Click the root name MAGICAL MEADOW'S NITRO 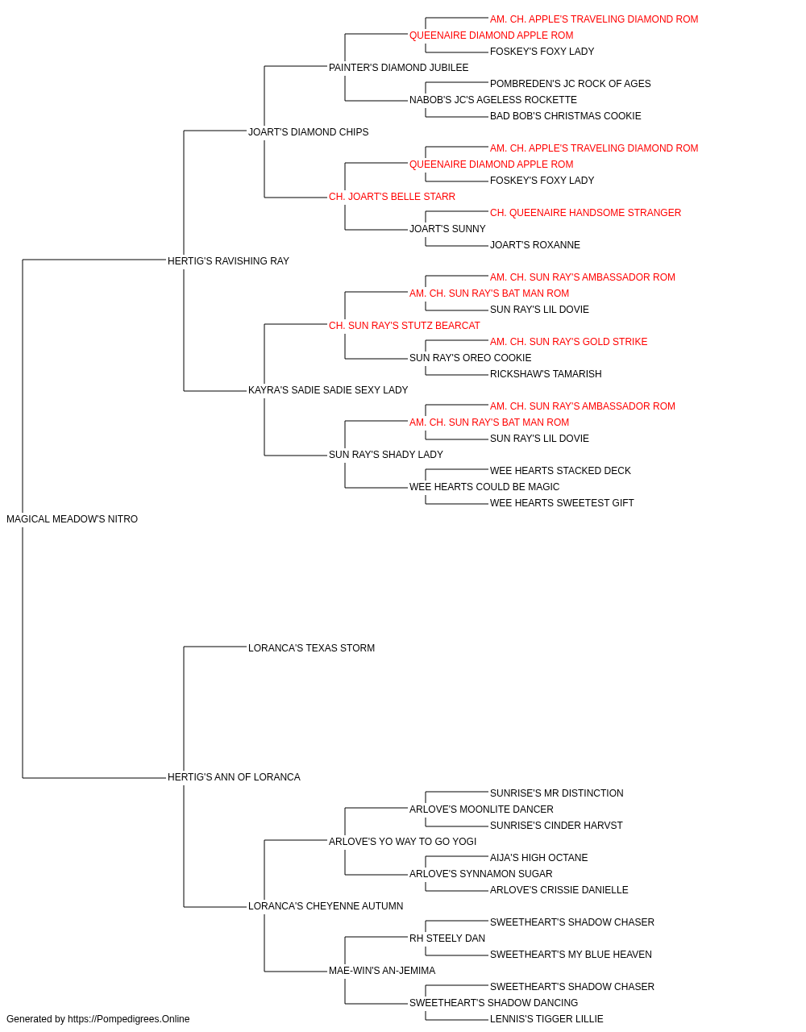[x=73, y=519]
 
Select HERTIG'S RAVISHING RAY [x=228, y=261]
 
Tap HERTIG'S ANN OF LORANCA [x=234, y=777]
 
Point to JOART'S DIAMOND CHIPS [x=309, y=132]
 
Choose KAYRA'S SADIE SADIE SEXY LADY [x=328, y=390]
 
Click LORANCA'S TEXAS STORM [x=311, y=647]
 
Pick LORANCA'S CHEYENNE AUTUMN [x=326, y=905]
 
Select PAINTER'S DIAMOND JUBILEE [x=399, y=68]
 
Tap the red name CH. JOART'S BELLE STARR [x=392, y=197]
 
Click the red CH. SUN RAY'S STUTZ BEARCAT [x=405, y=325]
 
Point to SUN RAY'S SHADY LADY [x=386, y=455]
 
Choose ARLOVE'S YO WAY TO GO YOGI [x=402, y=841]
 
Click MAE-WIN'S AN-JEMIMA [x=382, y=970]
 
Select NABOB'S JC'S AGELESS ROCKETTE [x=493, y=100]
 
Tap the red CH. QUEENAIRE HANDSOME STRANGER [x=585, y=213]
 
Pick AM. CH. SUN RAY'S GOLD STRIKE [x=569, y=342]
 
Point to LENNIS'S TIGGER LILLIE [x=546, y=1019]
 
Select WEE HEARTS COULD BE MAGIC [x=484, y=487]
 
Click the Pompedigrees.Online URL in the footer [x=129, y=1019]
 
